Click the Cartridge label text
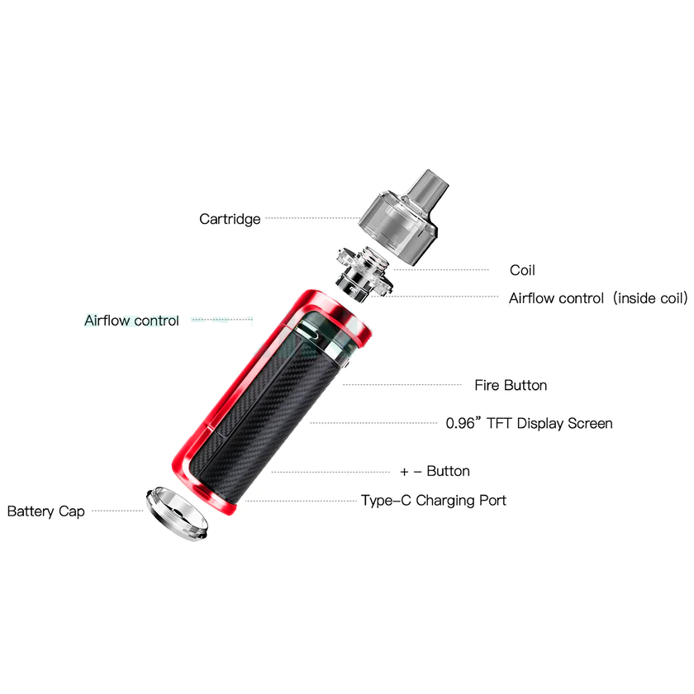click(230, 219)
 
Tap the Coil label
click(522, 270)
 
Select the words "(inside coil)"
click(651, 298)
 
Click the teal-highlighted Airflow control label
click(131, 321)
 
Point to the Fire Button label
click(511, 385)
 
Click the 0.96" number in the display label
click(463, 423)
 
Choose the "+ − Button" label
click(435, 471)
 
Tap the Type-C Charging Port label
click(434, 501)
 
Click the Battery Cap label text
click(46, 511)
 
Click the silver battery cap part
click(176, 513)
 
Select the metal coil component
click(364, 273)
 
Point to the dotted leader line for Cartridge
click(312, 218)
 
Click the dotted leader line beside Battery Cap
click(117, 511)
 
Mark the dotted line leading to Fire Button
click(402, 385)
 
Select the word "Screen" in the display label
click(590, 423)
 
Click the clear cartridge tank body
click(397, 226)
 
